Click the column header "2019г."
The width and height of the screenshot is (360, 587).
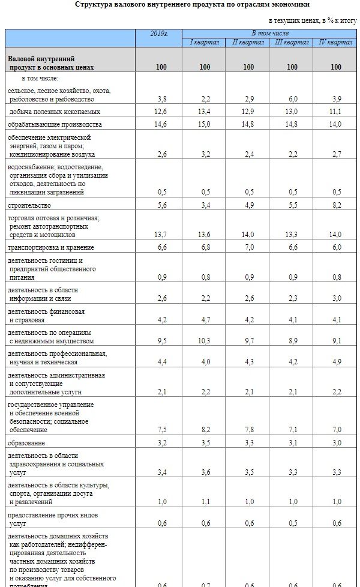point(159,34)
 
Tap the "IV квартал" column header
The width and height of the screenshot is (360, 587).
point(335,42)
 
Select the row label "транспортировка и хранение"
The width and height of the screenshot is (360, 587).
point(51,247)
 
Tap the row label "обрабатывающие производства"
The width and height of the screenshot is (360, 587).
point(55,124)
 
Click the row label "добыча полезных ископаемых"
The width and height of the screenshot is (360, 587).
point(54,112)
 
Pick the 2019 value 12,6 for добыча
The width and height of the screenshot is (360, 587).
point(161,112)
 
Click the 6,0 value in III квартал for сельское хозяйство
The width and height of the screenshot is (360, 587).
point(292,98)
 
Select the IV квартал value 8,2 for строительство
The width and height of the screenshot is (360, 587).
point(336,205)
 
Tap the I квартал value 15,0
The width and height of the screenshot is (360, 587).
point(205,124)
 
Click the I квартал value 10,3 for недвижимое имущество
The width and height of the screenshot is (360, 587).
point(205,341)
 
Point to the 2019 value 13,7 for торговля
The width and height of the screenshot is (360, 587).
point(161,234)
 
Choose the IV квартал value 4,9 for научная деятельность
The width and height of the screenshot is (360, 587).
point(336,362)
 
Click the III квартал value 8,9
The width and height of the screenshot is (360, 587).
point(292,341)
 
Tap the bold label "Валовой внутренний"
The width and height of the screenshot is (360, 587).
point(41,59)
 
